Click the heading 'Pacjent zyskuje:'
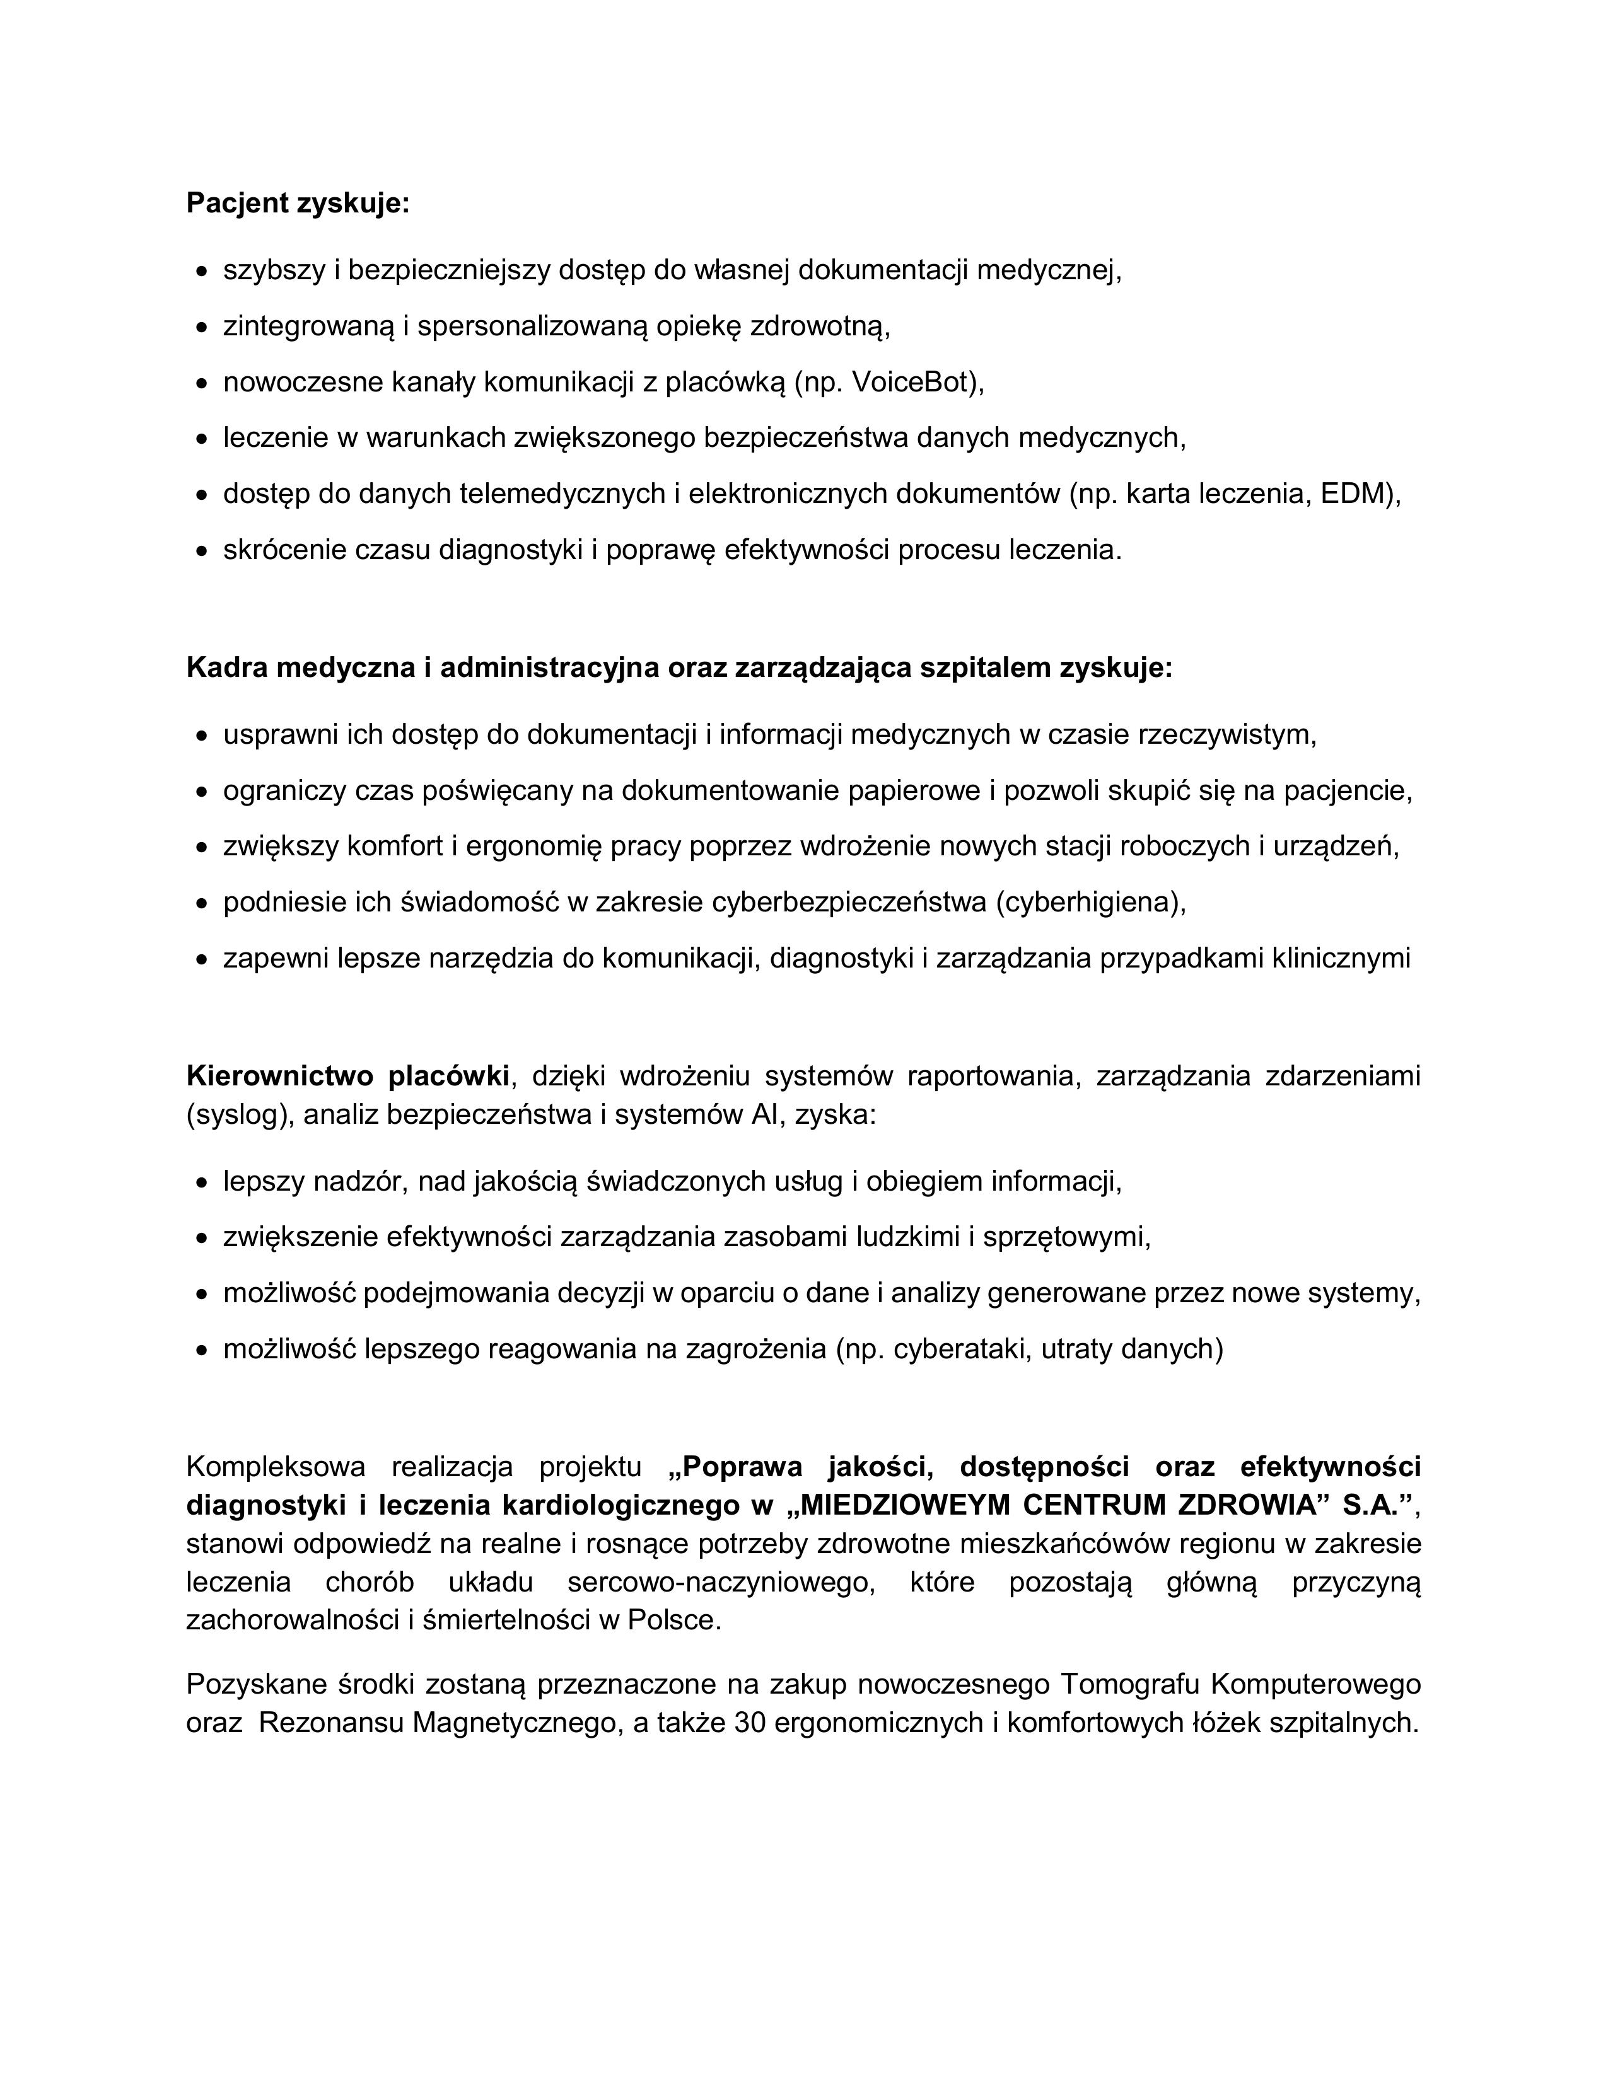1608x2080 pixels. [x=297, y=203]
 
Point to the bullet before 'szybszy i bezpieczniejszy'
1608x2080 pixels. [x=201, y=272]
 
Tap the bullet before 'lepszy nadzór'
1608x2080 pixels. [x=201, y=1184]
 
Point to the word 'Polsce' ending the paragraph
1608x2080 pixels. [x=673, y=1620]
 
